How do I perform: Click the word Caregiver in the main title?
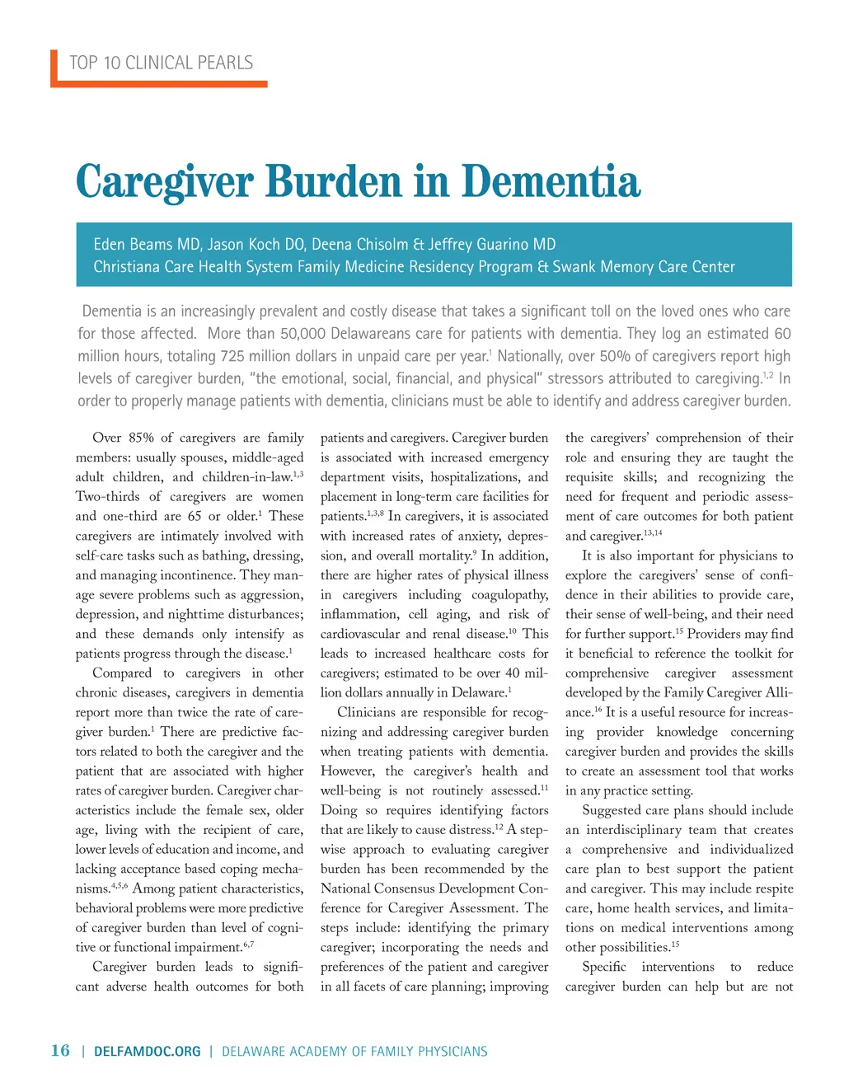point(164,181)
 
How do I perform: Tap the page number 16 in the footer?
point(60,1050)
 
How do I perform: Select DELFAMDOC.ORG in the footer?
point(148,1051)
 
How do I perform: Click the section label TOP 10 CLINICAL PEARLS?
point(161,63)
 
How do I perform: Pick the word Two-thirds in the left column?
point(110,496)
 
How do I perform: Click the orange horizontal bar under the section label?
point(160,83)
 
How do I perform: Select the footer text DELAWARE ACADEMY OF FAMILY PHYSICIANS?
point(354,1051)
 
